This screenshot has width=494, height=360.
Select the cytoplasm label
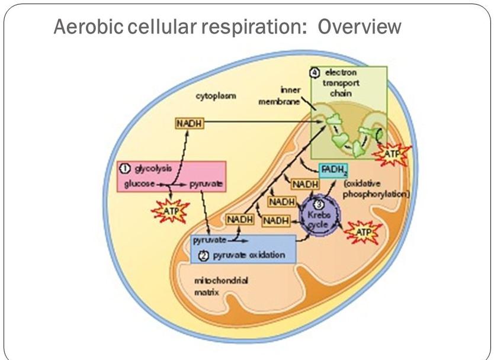click(216, 96)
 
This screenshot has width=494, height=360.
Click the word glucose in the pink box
click(140, 184)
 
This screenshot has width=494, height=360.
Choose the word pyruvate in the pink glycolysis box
click(206, 184)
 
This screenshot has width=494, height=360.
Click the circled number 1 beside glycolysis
click(125, 169)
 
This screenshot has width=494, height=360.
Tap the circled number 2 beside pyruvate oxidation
click(203, 256)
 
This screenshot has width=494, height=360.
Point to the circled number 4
click(315, 73)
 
